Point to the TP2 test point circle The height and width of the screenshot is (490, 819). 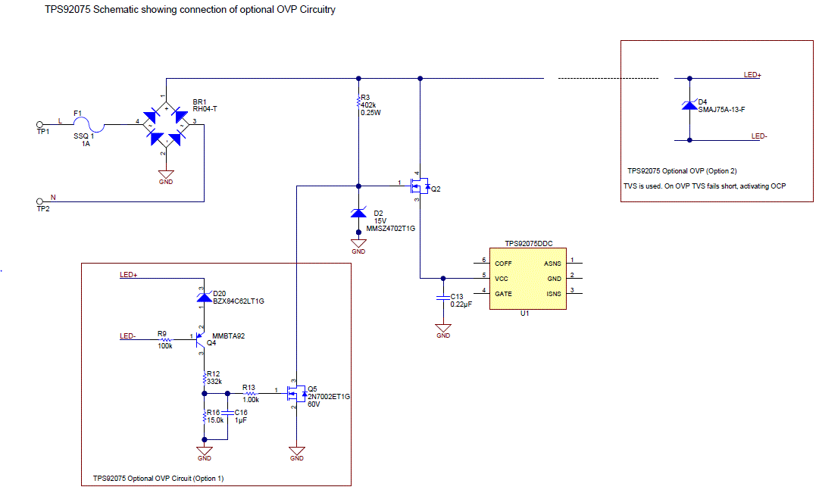(x=40, y=201)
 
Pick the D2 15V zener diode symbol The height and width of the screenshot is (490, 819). (x=358, y=214)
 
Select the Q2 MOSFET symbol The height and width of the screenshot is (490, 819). (x=419, y=186)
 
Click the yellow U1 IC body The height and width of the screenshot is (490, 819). (x=527, y=279)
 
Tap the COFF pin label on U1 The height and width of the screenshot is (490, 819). (x=503, y=264)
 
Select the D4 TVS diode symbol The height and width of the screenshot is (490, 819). (x=689, y=106)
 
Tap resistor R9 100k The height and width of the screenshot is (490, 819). (x=164, y=339)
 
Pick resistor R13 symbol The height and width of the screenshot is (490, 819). (x=250, y=393)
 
